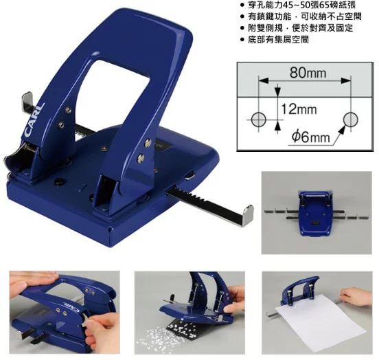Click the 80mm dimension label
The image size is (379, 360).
pyautogui.click(x=308, y=72)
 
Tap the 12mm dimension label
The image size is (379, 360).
pyautogui.click(x=299, y=109)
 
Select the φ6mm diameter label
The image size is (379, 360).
pyautogui.click(x=311, y=137)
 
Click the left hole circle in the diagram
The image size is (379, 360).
pyautogui.click(x=259, y=120)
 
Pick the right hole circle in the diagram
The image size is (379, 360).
pyautogui.click(x=350, y=120)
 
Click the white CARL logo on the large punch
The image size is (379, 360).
pyautogui.click(x=34, y=120)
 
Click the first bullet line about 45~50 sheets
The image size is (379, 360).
pyautogui.click(x=298, y=5)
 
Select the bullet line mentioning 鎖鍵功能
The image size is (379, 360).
pyautogui.click(x=301, y=16)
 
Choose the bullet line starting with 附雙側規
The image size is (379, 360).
pyautogui.click(x=297, y=27)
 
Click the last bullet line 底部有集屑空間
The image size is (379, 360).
pyautogui.click(x=275, y=39)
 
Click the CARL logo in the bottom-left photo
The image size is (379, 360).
pyautogui.click(x=71, y=306)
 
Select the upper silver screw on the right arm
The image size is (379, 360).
pyautogui.click(x=148, y=143)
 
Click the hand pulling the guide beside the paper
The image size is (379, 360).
pyautogui.click(x=356, y=295)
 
